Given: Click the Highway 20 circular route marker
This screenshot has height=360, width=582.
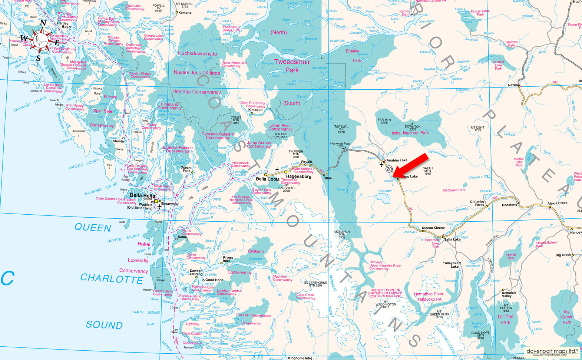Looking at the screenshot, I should [x=389, y=169].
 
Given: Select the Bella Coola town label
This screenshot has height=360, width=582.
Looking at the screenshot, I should [x=268, y=179].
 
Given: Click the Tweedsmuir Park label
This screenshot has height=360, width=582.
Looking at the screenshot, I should [x=292, y=66].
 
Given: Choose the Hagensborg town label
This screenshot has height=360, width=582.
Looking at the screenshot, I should [x=298, y=176].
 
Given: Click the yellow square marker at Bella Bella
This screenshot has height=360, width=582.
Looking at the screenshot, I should [x=156, y=201].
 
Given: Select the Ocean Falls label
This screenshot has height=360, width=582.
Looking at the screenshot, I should [x=185, y=169].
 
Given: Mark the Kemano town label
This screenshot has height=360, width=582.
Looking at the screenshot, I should [x=185, y=13].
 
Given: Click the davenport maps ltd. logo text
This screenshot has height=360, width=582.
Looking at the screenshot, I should [x=552, y=351].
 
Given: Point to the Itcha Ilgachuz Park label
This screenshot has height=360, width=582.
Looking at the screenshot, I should [x=410, y=133].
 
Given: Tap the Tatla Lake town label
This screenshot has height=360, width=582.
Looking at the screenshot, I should [x=452, y=240].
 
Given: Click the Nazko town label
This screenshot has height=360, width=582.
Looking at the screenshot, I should [x=513, y=85].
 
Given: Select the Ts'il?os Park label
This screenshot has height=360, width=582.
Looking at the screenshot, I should [x=505, y=319].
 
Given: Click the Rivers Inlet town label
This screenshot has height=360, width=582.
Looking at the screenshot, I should [x=228, y=259].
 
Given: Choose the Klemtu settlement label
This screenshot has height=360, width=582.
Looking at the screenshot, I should [x=118, y=141].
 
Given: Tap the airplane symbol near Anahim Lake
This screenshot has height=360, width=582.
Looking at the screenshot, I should [x=382, y=165].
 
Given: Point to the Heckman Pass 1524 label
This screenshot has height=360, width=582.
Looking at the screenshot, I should [x=340, y=145].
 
